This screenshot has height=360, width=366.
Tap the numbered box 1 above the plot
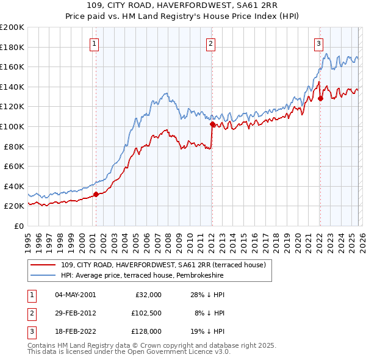96,43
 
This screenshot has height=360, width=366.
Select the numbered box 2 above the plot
210,43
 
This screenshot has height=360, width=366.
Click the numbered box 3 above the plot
319,43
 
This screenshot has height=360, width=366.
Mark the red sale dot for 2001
96,195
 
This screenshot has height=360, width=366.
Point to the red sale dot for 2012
212,124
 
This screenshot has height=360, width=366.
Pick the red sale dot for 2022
320,98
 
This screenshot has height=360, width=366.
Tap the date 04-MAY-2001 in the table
75,295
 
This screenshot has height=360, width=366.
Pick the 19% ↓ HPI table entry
207,331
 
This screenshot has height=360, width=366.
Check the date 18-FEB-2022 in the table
75,331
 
